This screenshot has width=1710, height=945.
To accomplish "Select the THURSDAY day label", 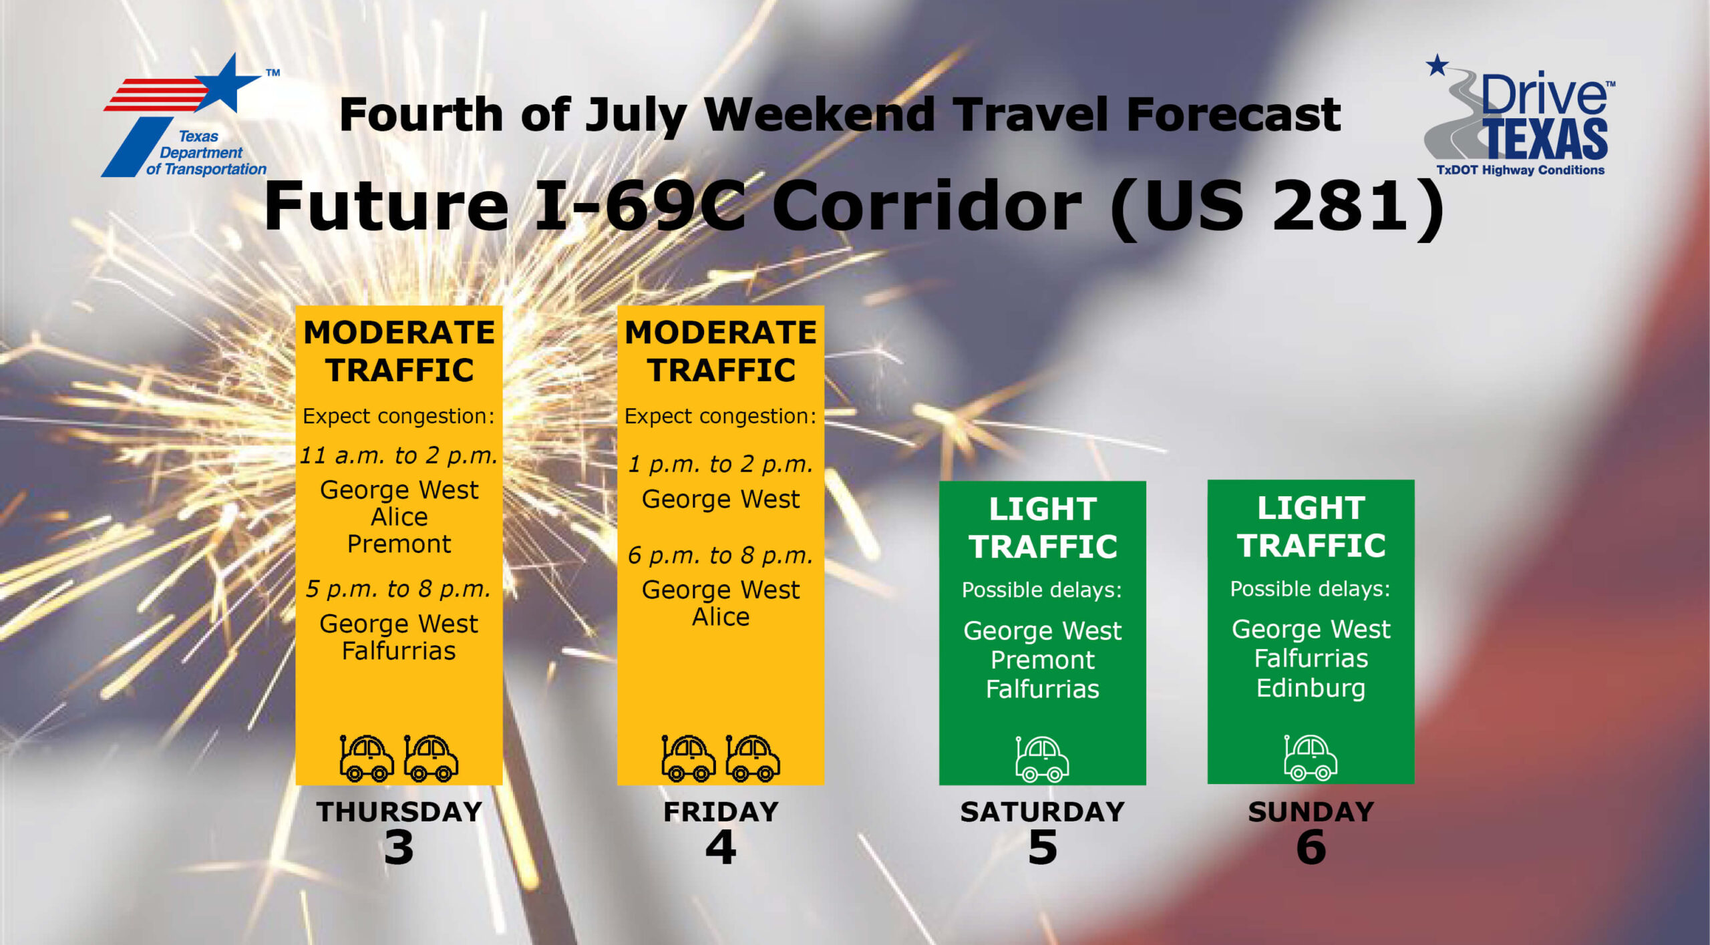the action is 399,811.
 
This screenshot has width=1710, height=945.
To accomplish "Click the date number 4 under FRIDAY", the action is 721,847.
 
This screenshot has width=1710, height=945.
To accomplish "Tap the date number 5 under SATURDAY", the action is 1043,847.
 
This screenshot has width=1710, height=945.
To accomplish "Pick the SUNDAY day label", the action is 1311,811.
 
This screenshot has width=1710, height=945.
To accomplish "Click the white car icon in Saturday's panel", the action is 1042,759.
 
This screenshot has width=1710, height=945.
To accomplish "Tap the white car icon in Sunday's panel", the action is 1311,757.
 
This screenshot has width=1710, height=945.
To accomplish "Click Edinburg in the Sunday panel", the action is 1311,689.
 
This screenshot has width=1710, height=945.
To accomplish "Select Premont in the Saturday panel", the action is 1043,660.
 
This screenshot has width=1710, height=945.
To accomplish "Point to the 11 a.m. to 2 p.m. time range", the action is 399,455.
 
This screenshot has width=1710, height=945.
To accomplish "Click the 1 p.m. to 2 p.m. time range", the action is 721,463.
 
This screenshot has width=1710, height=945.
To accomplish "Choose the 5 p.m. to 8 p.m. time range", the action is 399,588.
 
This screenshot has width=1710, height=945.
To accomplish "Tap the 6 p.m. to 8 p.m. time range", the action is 721,555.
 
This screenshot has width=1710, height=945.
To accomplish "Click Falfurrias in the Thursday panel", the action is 399,650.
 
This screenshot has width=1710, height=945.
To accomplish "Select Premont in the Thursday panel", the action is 399,544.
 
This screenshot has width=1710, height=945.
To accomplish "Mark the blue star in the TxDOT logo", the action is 227,83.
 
